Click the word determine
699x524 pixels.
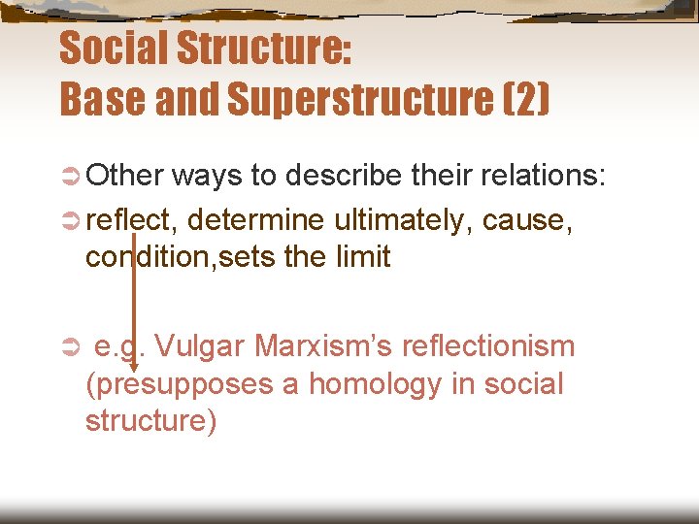(256, 221)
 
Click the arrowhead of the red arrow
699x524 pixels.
(133, 365)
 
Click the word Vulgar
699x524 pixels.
(200, 346)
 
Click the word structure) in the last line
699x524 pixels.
(150, 422)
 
